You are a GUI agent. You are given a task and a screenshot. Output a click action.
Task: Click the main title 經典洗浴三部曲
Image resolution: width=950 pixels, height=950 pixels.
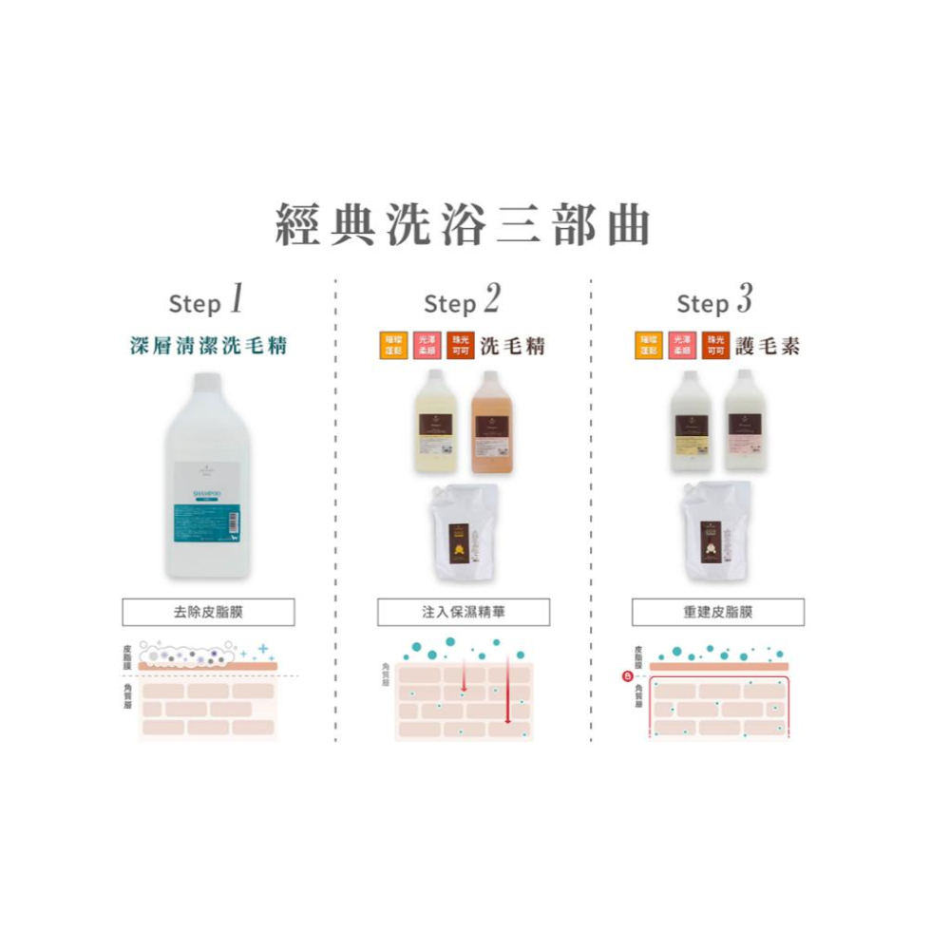pos(464,225)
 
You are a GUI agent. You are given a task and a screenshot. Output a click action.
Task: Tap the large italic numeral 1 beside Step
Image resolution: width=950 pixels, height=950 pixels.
pos(236,300)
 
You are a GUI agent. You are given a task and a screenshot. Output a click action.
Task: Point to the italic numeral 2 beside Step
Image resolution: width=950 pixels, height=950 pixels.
pos(490,300)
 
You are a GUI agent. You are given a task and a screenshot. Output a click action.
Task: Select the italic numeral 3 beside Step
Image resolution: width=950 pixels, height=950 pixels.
pos(744,300)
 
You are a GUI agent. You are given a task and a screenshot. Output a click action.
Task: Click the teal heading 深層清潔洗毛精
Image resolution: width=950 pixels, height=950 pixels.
pos(208,346)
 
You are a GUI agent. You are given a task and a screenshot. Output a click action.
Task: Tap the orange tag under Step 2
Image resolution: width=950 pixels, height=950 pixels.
pos(392,346)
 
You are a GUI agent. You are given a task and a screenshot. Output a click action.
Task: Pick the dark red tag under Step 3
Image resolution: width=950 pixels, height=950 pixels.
pos(715,346)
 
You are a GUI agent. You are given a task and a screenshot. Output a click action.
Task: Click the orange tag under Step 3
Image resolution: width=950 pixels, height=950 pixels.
pos(649,346)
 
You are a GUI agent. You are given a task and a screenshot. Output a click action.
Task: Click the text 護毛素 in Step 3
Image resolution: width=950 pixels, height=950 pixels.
pos(767,346)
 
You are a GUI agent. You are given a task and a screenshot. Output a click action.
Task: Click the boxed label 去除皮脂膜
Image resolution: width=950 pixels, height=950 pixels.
pos(208,613)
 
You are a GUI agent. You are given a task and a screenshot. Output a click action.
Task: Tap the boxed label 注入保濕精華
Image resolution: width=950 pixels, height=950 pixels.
pos(463,613)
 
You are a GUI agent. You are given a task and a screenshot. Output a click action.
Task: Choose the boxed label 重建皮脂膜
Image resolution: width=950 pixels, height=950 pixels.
pos(717,613)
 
